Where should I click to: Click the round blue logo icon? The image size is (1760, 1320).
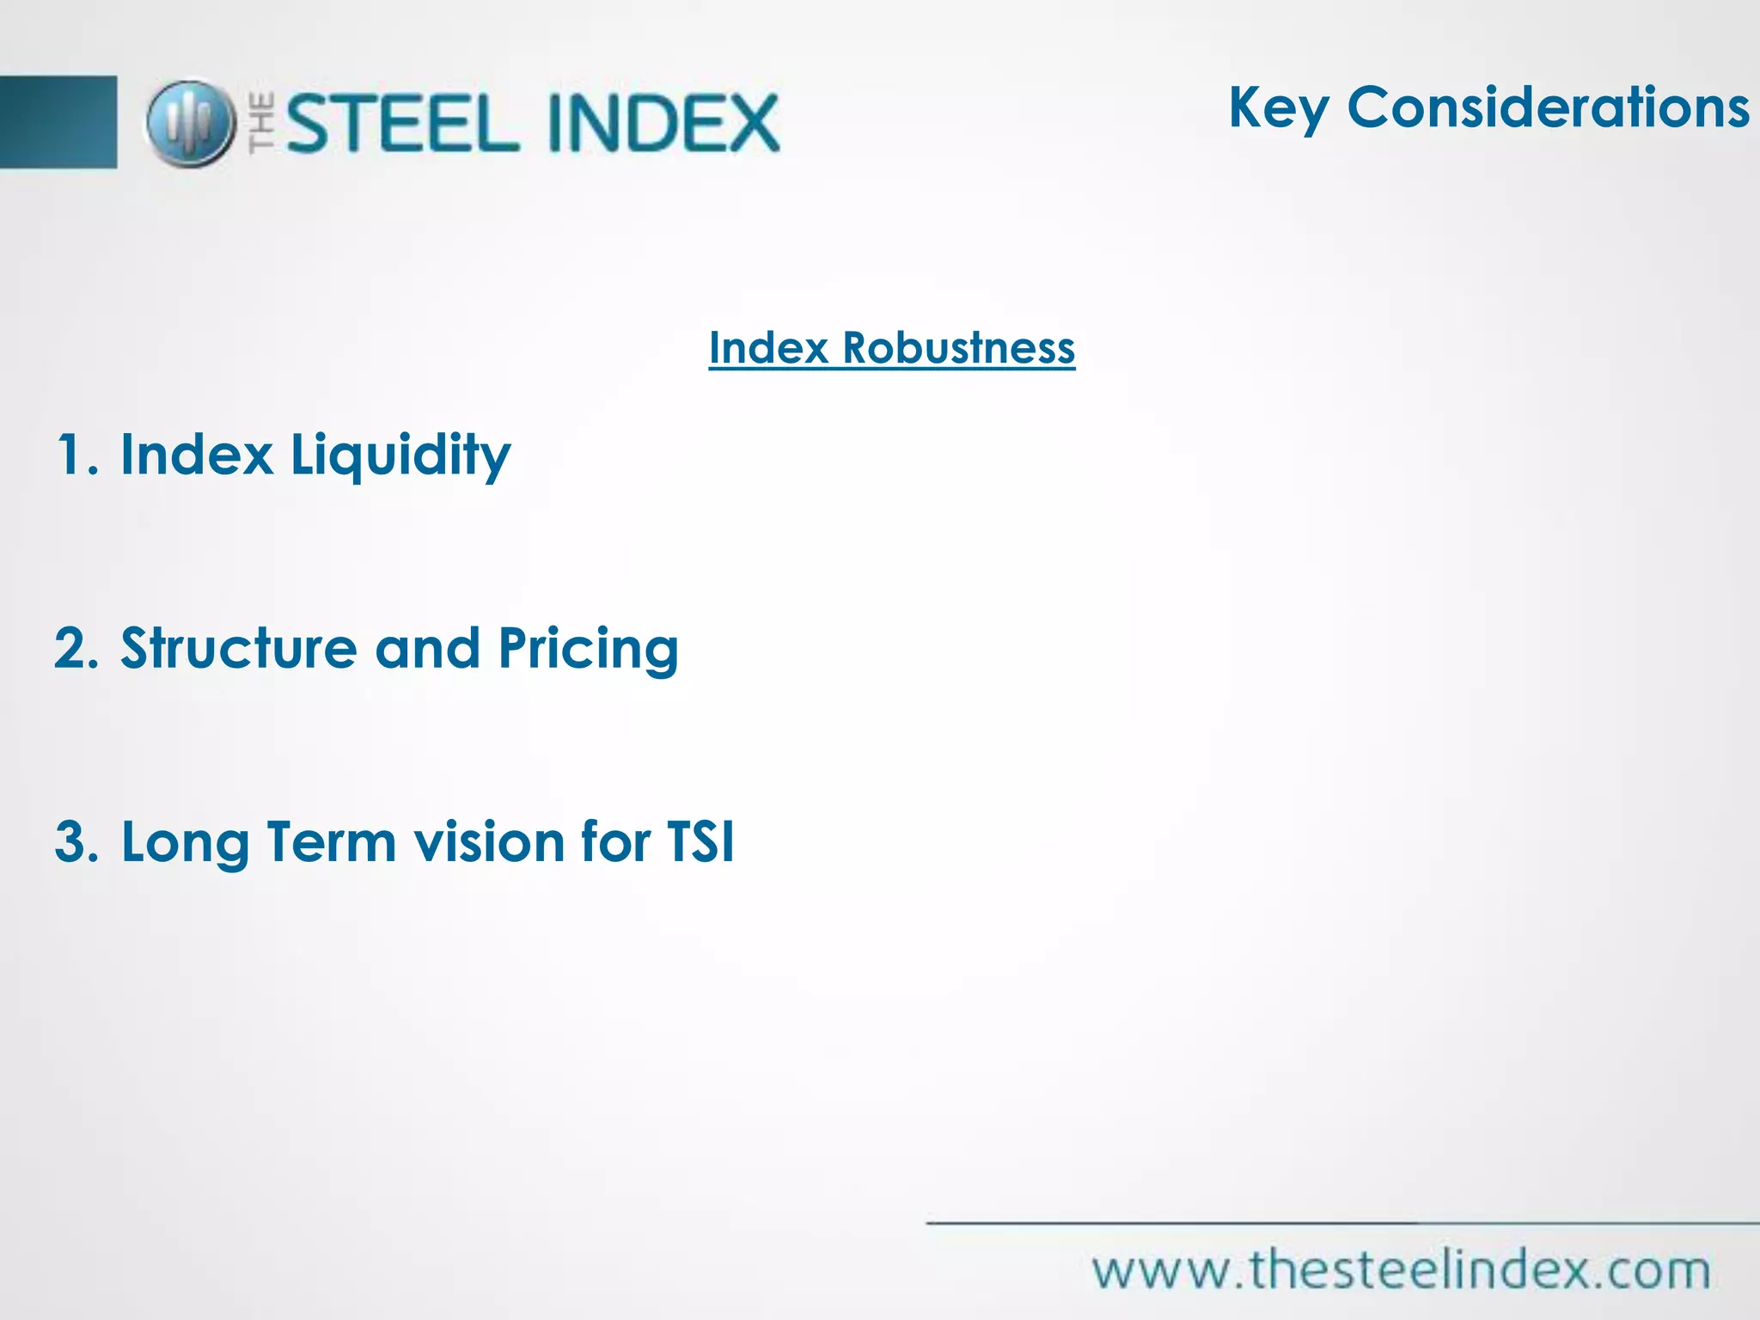point(191,124)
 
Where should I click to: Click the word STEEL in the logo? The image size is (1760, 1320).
point(402,124)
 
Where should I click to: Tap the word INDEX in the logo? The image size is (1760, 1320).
point(663,124)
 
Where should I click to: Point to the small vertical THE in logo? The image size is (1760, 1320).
point(263,124)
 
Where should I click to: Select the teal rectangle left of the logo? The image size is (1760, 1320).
point(58,122)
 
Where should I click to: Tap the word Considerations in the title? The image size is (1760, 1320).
point(1548,108)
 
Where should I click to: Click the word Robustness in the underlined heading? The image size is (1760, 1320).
point(958,348)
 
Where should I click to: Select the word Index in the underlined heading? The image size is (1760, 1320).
point(768,348)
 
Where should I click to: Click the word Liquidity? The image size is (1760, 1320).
point(400,455)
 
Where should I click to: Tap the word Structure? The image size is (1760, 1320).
point(238,648)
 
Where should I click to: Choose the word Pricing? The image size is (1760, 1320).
point(589,650)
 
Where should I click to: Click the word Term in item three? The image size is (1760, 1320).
point(331,841)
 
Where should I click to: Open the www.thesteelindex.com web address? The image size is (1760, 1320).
point(1401,1270)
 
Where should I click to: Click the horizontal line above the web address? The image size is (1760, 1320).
point(1341,1222)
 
